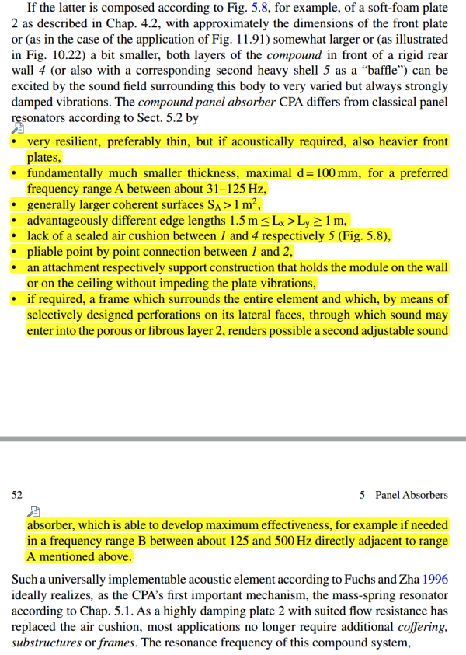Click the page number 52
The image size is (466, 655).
[18, 494]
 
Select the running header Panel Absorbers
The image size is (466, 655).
[411, 494]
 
